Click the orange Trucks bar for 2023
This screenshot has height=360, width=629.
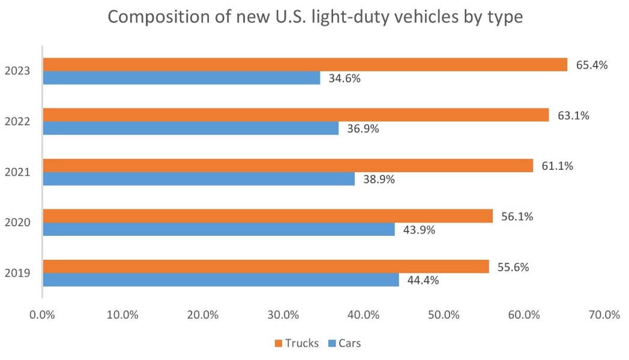pyautogui.click(x=304, y=64)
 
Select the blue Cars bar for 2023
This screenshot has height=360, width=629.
pyautogui.click(x=181, y=78)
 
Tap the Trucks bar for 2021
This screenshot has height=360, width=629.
pyautogui.click(x=287, y=166)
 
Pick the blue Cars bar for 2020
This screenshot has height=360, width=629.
pyautogui.click(x=218, y=229)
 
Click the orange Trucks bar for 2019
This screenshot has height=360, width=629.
pyautogui.click(x=265, y=266)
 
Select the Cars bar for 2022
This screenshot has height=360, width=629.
pyautogui.click(x=190, y=128)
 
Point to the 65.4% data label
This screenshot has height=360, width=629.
pyautogui.click(x=592, y=65)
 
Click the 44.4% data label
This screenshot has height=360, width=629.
pyautogui.click(x=423, y=280)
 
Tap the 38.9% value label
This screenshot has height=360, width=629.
pyautogui.click(x=379, y=179)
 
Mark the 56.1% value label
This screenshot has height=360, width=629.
pyautogui.click(x=517, y=217)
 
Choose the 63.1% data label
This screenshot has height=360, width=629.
pyautogui.click(x=573, y=115)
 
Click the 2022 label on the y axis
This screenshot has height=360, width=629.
pyautogui.click(x=17, y=122)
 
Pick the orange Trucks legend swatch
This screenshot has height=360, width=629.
pyautogui.click(x=278, y=343)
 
